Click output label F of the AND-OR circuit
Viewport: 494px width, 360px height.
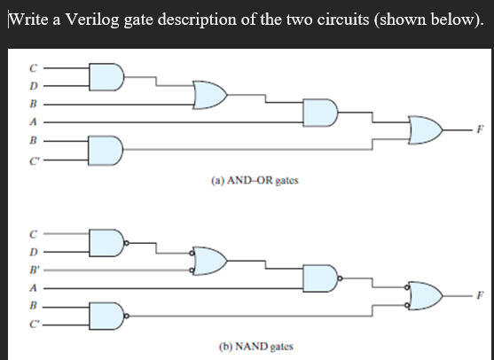tap(480, 129)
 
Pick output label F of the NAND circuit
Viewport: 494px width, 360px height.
tap(480, 294)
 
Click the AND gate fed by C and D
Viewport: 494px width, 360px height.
tap(105, 77)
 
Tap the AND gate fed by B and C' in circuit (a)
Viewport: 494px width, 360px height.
tap(105, 150)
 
